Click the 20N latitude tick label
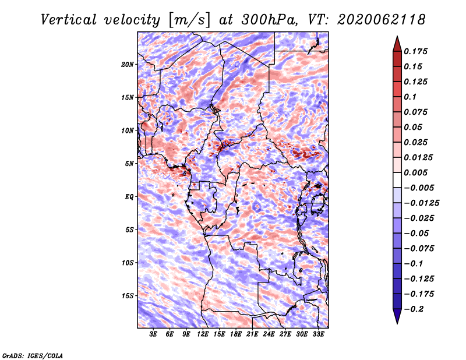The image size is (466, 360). click(128, 65)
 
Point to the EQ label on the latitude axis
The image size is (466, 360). click(129, 197)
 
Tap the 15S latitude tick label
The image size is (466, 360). click(128, 296)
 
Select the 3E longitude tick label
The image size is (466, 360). click(153, 334)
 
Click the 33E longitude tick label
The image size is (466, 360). click(318, 334)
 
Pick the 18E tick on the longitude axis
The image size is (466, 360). click(236, 334)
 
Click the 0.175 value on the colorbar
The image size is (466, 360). click(415, 51)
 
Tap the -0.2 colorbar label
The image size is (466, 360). click(414, 309)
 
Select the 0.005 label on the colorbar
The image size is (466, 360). click(415, 172)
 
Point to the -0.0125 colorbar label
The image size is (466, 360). click(421, 203)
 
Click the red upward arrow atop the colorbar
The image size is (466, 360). click(397, 44)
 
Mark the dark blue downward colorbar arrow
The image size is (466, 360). click(397, 316)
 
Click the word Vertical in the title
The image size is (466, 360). click(69, 20)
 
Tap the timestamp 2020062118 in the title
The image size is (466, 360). click(382, 20)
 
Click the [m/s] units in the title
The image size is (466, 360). click(190, 20)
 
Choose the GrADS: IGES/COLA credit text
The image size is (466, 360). click(33, 355)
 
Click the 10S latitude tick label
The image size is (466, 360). click(128, 263)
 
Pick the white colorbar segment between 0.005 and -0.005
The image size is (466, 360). click(397, 180)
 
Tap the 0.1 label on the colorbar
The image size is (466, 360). click(410, 97)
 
